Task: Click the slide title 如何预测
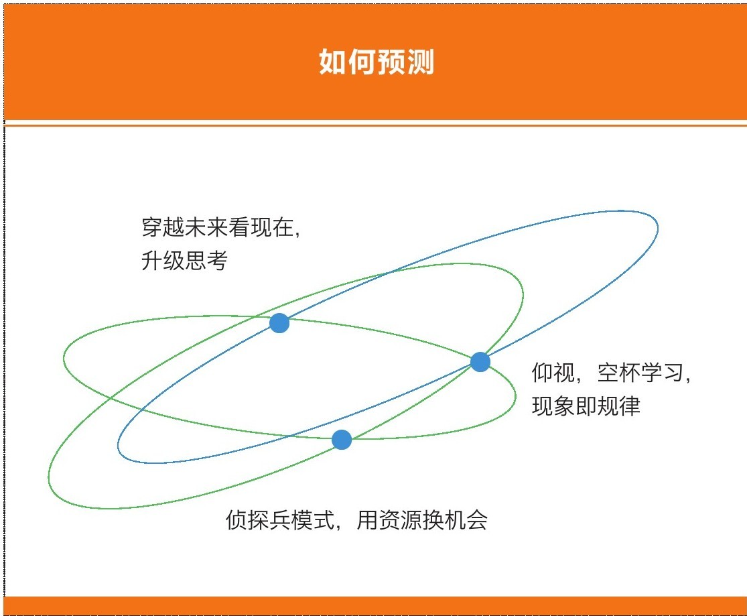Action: tap(377, 62)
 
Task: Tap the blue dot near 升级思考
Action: tap(279, 323)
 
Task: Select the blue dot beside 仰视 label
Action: tap(480, 362)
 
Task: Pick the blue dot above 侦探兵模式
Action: tap(342, 440)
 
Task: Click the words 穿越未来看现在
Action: tap(217, 227)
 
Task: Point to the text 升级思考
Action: tap(184, 261)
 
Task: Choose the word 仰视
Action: tap(553, 373)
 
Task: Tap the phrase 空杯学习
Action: tap(640, 373)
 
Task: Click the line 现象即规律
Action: tap(586, 406)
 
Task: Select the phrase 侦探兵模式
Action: tap(280, 519)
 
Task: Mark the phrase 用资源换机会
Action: tap(422, 519)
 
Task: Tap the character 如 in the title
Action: tap(332, 62)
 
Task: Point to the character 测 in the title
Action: tap(421, 62)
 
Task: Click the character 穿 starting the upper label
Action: tap(152, 227)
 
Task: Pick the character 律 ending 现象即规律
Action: tap(630, 406)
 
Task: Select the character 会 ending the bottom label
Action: tap(477, 519)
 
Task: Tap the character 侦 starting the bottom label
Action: tap(236, 519)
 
